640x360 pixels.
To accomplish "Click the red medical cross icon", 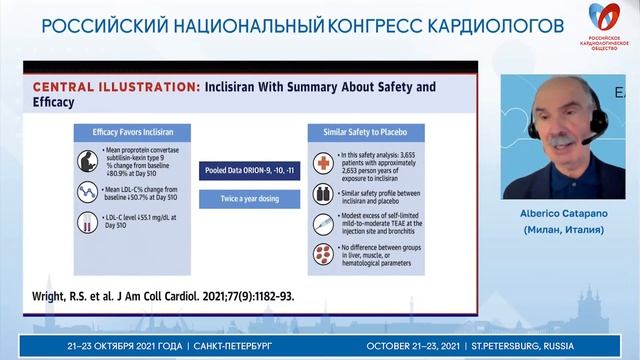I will coord(323,163).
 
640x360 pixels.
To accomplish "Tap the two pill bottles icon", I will coord(323,194).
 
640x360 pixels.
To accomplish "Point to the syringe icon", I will coord(323,224).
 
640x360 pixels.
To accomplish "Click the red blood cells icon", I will coord(323,252).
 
